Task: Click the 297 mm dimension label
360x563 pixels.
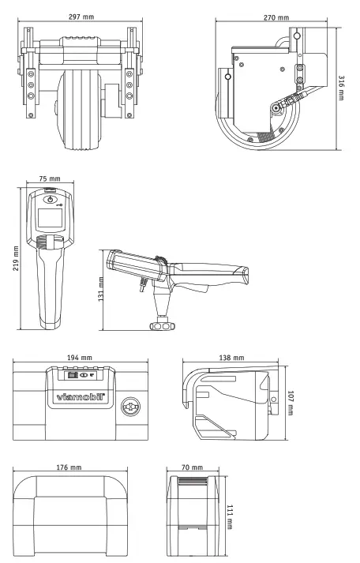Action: pyautogui.click(x=81, y=17)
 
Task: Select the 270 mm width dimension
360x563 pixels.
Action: pyautogui.click(x=276, y=17)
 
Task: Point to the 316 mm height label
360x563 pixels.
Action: pyautogui.click(x=341, y=88)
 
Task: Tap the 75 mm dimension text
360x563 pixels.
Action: pyautogui.click(x=50, y=178)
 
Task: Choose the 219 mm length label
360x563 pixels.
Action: pyautogui.click(x=16, y=258)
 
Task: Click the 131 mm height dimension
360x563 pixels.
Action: pyautogui.click(x=101, y=289)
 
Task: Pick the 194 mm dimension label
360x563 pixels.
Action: pyautogui.click(x=80, y=358)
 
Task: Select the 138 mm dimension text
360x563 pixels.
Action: pyautogui.click(x=231, y=358)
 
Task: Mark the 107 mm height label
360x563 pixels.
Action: pyautogui.click(x=291, y=403)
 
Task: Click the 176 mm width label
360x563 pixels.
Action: pyautogui.click(x=69, y=467)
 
